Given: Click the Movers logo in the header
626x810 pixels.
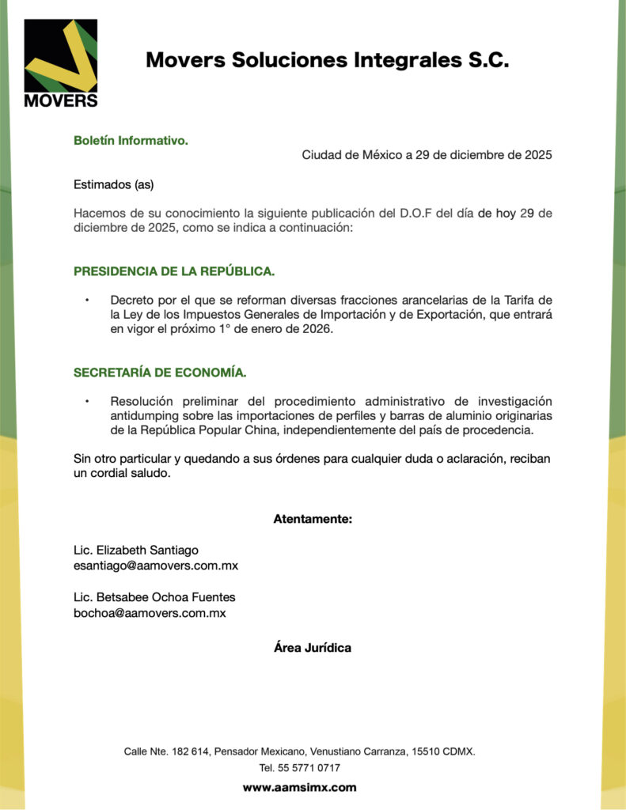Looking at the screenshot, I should (61, 63).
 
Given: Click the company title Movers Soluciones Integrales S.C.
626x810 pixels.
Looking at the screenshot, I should (327, 60).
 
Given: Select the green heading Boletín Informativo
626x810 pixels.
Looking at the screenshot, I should (131, 141).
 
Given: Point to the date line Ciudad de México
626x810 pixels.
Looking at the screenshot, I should (427, 155).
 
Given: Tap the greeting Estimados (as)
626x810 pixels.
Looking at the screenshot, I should (113, 185).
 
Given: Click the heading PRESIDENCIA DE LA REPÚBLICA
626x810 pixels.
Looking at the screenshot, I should (174, 271).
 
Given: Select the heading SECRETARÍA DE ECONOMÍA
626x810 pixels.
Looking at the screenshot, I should (160, 372).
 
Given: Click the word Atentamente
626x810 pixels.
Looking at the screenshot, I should (313, 519).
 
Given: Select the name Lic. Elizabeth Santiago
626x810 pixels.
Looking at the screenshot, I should (136, 550).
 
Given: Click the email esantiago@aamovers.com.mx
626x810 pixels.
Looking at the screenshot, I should (156, 566).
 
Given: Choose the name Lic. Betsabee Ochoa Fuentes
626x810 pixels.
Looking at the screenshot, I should (154, 597).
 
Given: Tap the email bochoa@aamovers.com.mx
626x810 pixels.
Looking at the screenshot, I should (150, 613).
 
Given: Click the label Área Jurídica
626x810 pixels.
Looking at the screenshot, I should (313, 648).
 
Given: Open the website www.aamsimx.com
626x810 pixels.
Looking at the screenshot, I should (299, 788).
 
